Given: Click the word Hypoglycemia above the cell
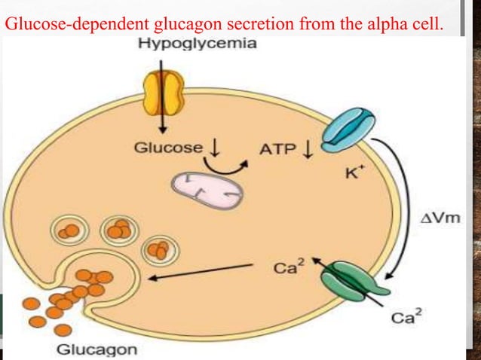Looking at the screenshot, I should click(x=197, y=43).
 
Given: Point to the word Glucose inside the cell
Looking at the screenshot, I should click(x=168, y=148).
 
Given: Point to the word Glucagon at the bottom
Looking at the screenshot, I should click(x=97, y=349).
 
